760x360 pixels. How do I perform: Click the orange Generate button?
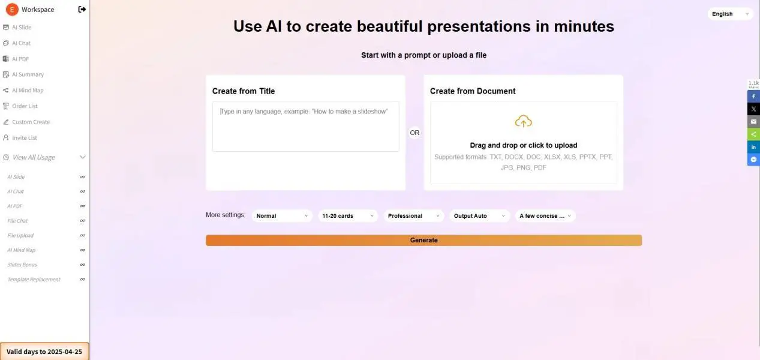pos(423,240)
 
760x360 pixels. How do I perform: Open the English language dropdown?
pos(730,14)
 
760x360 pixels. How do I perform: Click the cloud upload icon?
pos(524,121)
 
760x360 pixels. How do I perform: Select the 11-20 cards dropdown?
pos(348,216)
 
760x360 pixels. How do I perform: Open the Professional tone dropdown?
pos(413,216)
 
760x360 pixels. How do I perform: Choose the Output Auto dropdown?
pos(479,216)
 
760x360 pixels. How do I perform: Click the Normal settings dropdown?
pos(282,216)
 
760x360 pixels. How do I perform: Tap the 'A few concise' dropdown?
pos(545,216)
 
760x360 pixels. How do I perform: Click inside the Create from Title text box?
pos(306,126)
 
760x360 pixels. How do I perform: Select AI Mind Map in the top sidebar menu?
pos(28,90)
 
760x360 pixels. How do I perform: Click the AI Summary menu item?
pos(28,74)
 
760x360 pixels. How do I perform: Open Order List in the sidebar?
pos(25,106)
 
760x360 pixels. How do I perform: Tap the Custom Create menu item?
pos(31,122)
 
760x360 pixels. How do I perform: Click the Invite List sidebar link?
pos(25,138)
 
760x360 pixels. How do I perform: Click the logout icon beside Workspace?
pos(82,9)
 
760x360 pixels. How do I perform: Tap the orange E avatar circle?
pos(12,10)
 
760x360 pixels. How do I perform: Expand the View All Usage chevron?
pos(82,157)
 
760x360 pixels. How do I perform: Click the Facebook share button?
pos(753,97)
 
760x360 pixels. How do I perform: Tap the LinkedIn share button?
pos(753,147)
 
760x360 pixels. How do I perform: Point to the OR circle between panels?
pos(414,133)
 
